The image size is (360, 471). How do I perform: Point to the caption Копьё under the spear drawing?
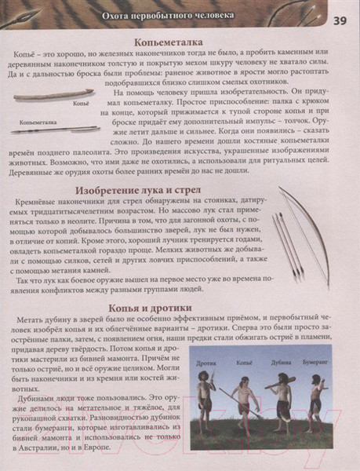(x=79, y=104)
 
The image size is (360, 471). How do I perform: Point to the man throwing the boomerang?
(x=317, y=400)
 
